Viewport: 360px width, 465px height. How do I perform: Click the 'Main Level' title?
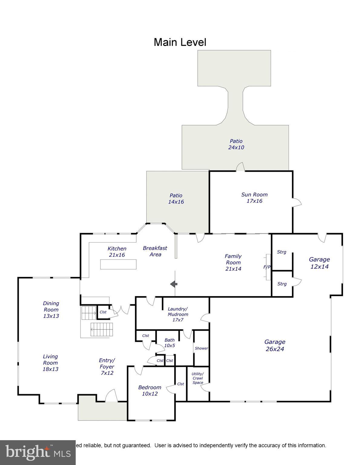pyautogui.click(x=180, y=42)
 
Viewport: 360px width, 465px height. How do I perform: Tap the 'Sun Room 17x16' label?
pyautogui.click(x=254, y=198)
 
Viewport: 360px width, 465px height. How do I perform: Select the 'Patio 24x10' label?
pyautogui.click(x=236, y=144)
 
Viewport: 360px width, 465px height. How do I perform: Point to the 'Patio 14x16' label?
pyautogui.click(x=176, y=199)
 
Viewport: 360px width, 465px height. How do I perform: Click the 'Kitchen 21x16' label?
pyautogui.click(x=117, y=252)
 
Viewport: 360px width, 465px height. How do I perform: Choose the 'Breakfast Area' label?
pyautogui.click(x=155, y=251)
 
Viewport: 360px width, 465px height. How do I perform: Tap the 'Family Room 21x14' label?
pyautogui.click(x=233, y=262)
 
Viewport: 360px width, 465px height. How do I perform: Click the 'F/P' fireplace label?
pyautogui.click(x=267, y=267)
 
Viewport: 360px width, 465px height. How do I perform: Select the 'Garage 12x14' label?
pyautogui.click(x=319, y=263)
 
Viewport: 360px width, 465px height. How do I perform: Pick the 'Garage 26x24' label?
pyautogui.click(x=275, y=345)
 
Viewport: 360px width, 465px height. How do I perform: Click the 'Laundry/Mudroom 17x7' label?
pyautogui.click(x=178, y=314)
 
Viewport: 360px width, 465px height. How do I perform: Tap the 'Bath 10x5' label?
pyautogui.click(x=170, y=343)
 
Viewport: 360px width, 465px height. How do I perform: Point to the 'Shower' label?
pyautogui.click(x=201, y=348)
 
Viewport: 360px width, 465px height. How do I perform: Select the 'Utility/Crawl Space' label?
pyautogui.click(x=198, y=378)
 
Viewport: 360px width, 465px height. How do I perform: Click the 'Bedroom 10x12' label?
pyautogui.click(x=150, y=391)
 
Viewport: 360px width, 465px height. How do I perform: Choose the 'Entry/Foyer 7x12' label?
pyautogui.click(x=107, y=367)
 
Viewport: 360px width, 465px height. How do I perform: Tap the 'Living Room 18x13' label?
pyautogui.click(x=50, y=363)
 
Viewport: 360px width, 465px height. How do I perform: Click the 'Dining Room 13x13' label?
pyautogui.click(x=51, y=309)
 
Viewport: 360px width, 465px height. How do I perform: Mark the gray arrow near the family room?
pyautogui.click(x=173, y=284)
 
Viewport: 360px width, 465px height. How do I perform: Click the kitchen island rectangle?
pyautogui.click(x=118, y=264)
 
